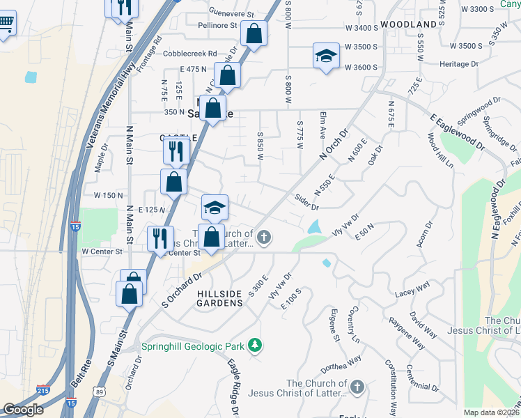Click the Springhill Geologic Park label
(192, 346)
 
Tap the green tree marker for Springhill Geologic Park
(256, 345)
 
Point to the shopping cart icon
(6, 26)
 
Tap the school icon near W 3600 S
(325, 56)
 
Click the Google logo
(24, 410)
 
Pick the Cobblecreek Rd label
(190, 54)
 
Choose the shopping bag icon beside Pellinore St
(254, 34)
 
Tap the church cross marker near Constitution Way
(357, 387)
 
